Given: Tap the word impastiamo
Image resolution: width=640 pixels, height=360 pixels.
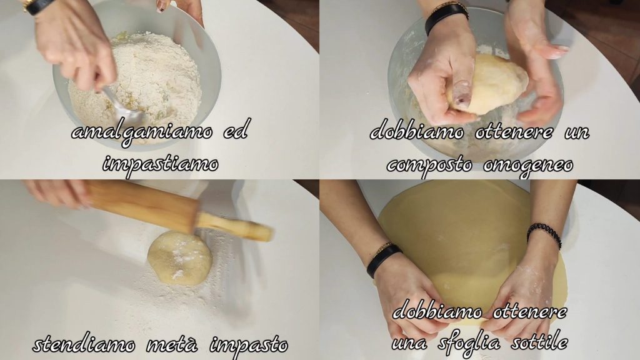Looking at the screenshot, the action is [x=161, y=165].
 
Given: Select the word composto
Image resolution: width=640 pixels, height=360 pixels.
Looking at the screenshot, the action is [x=429, y=165].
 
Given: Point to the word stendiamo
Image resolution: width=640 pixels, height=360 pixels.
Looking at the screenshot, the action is [x=84, y=345].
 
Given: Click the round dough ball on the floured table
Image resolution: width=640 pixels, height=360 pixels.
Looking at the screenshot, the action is [x=179, y=258].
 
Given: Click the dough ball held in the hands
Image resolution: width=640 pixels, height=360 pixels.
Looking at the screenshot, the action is [x=487, y=84].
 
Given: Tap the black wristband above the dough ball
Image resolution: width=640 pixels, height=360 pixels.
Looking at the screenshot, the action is [x=446, y=17].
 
